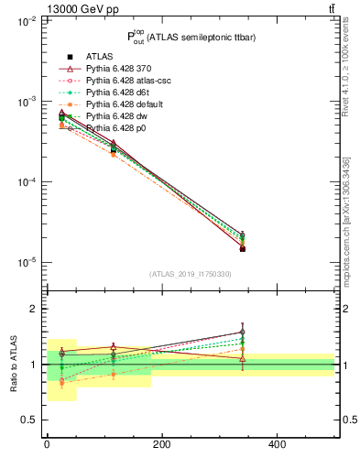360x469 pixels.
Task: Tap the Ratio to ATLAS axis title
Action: pyautogui.click(x=14, y=365)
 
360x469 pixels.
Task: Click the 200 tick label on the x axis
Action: pyautogui.click(x=162, y=445)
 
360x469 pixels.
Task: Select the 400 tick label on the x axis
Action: pyautogui.click(x=277, y=445)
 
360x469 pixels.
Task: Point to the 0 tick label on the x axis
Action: pyautogui.click(x=47, y=445)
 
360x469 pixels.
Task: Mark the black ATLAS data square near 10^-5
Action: pyautogui.click(x=242, y=248)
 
